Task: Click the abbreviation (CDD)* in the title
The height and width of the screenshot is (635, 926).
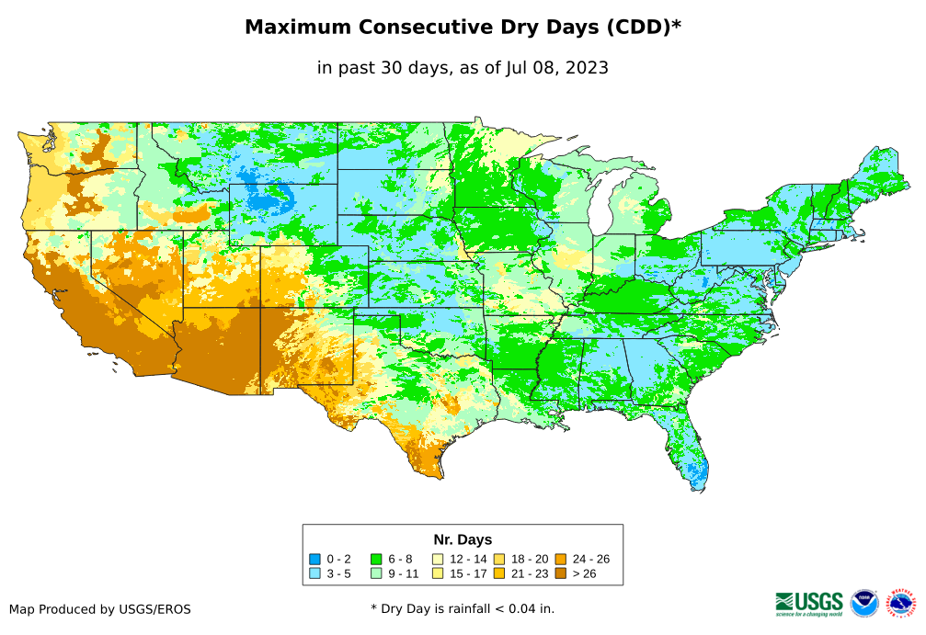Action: coord(642,28)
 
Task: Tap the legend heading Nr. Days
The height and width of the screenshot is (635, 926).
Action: coord(463,539)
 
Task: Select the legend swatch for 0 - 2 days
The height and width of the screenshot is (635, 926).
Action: coord(314,559)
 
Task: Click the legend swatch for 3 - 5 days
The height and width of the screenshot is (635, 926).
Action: coord(314,573)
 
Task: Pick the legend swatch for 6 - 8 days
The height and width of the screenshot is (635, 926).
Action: coord(376,559)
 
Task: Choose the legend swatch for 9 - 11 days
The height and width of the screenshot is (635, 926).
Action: coord(376,573)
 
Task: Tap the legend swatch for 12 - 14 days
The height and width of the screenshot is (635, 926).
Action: coord(438,559)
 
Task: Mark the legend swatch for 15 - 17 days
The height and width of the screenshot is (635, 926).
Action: coord(438,573)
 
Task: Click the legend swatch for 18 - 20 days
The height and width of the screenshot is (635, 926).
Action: coord(499,559)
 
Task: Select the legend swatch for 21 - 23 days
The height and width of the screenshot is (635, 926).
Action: coord(499,573)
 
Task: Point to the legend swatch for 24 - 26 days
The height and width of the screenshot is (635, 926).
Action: coord(560,559)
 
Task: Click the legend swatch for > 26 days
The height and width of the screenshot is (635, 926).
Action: coord(560,573)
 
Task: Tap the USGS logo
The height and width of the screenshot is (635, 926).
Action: coord(809,602)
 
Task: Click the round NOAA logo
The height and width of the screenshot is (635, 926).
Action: coord(864,603)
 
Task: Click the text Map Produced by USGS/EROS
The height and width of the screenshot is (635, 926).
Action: coord(100,609)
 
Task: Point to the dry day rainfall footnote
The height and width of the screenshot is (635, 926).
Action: coord(463,608)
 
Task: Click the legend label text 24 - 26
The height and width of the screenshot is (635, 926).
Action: coord(590,559)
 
